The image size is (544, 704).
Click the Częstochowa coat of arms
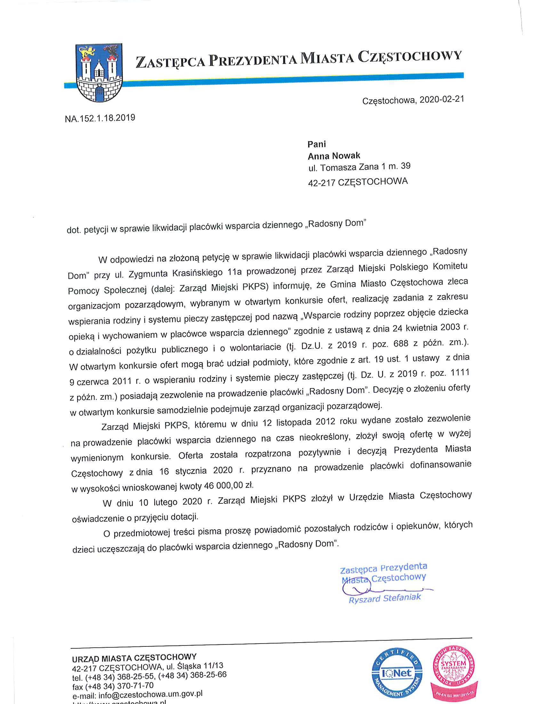coord(99,73)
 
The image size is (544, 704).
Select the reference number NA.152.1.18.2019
coord(100,118)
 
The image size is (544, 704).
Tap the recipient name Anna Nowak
coord(333,156)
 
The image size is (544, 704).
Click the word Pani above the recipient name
coord(316,144)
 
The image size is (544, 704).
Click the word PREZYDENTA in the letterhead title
coord(252,59)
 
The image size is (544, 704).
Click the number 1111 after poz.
coord(460,372)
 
